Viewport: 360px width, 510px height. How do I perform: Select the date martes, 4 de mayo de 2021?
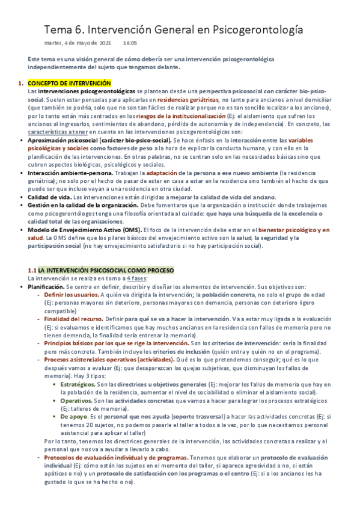78,43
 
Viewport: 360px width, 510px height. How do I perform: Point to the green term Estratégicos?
79,384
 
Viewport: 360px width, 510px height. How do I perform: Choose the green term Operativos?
76,400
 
